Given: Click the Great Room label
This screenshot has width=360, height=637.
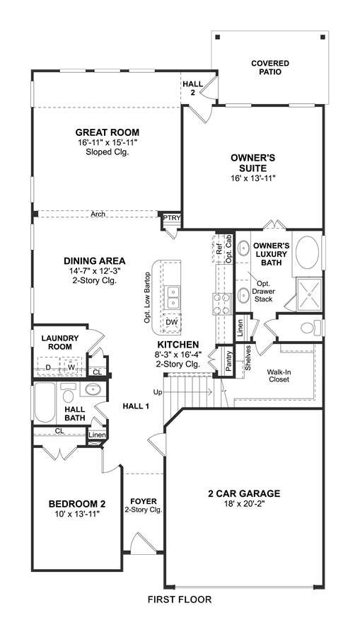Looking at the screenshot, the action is [x=107, y=132].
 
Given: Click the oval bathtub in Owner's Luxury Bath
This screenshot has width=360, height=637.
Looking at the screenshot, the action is [x=308, y=252].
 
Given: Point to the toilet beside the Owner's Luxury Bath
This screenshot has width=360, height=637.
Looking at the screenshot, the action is [x=310, y=328].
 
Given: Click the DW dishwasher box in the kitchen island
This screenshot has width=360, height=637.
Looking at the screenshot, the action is [x=172, y=323].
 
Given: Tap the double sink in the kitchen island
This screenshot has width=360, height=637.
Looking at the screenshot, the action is [x=173, y=297].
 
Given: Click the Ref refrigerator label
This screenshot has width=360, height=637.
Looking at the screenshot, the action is [x=219, y=248].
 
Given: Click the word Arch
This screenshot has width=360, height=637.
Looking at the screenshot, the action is [x=98, y=214].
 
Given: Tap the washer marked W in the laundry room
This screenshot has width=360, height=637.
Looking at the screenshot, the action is [x=71, y=367].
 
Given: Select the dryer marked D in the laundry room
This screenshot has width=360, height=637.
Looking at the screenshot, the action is [x=48, y=367].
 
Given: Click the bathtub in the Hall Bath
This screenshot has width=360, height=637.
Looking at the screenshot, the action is [x=45, y=402].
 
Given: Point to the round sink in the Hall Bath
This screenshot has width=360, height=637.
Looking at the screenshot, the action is [x=93, y=390].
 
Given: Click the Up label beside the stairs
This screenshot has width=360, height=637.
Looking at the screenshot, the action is [x=158, y=392].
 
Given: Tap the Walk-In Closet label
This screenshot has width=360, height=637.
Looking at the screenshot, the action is [x=278, y=375].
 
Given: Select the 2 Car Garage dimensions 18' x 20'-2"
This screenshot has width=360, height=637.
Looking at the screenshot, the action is [x=244, y=504].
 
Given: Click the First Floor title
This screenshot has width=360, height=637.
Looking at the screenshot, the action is [x=180, y=599].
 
